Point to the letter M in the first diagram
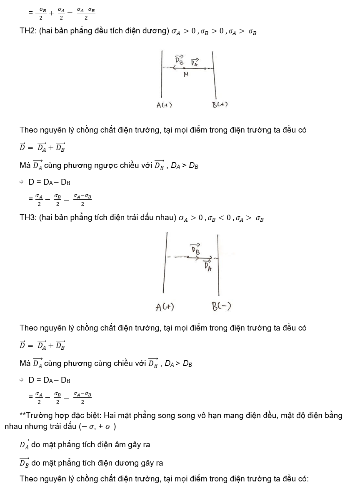(x=186, y=75)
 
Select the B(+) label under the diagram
(x=220, y=105)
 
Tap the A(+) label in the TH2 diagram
(x=164, y=105)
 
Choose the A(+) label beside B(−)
(x=165, y=308)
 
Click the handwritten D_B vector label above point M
(x=179, y=60)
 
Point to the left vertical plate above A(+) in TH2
(x=161, y=75)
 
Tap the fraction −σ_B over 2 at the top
(x=40, y=13)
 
